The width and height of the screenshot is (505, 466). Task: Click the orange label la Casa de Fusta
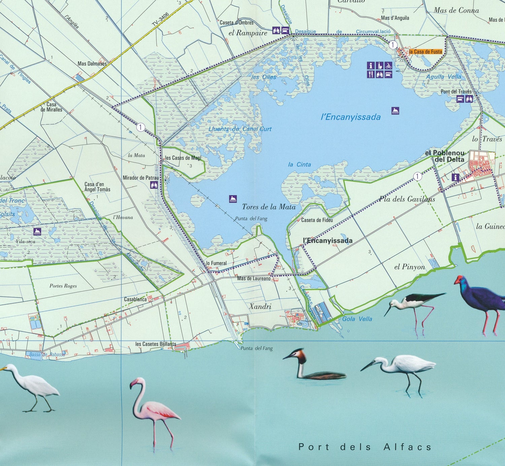[426, 52]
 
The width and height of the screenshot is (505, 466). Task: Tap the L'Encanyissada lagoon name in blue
[351, 117]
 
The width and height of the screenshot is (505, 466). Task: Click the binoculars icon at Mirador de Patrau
[154, 185]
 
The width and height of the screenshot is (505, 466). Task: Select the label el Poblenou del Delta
[445, 156]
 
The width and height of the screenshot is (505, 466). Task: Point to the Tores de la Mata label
[269, 207]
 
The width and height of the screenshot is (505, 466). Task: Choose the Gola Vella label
[357, 319]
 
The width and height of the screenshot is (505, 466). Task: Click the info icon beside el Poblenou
[455, 177]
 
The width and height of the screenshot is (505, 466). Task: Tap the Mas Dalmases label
[92, 64]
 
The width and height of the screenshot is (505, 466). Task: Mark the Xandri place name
[260, 306]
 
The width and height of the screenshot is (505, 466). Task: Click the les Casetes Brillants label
[156, 344]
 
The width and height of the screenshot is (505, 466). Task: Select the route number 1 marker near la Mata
[140, 127]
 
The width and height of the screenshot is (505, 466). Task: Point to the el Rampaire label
[247, 33]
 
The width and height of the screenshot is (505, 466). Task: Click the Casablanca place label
[135, 299]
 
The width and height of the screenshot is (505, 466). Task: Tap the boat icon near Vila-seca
[37, 231]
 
